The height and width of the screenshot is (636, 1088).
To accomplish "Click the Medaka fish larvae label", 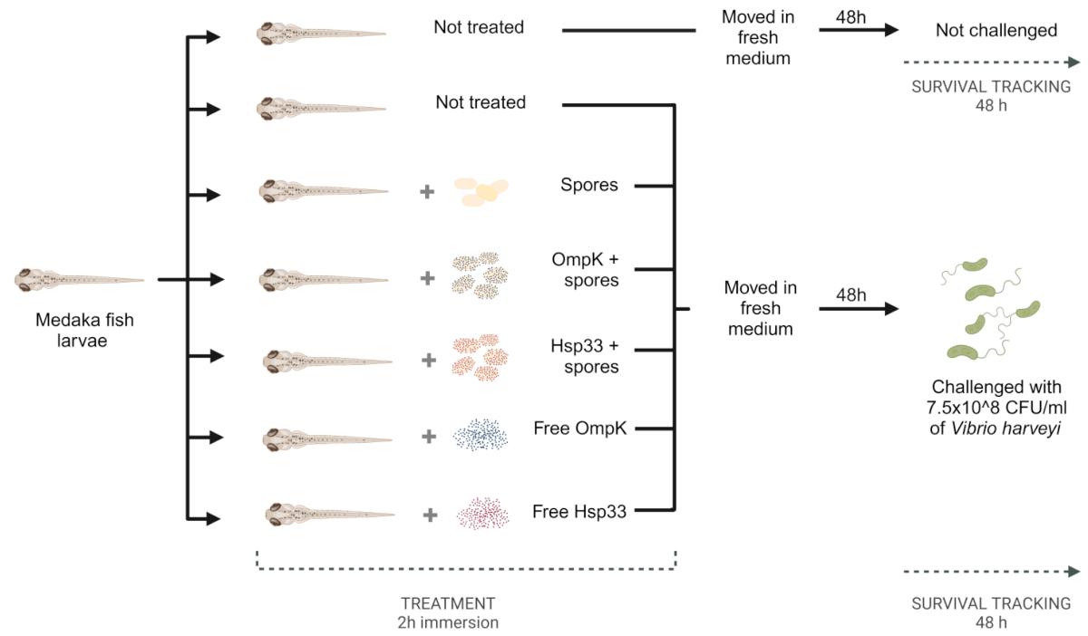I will pyautogui.click(x=78, y=331).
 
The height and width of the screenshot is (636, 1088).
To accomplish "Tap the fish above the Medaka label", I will pyautogui.click(x=79, y=280).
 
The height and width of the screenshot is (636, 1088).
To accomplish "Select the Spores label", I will pyautogui.click(x=588, y=185).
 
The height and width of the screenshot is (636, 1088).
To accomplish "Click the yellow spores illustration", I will pyautogui.click(x=481, y=188).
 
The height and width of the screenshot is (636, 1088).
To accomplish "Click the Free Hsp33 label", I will pyautogui.click(x=579, y=512).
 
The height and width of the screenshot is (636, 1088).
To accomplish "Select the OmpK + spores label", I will pyautogui.click(x=584, y=269).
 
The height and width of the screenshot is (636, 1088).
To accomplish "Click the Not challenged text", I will pyautogui.click(x=996, y=30).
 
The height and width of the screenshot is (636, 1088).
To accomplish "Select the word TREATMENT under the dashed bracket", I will pyautogui.click(x=449, y=603).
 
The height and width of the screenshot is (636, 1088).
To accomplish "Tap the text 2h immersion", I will pyautogui.click(x=450, y=622).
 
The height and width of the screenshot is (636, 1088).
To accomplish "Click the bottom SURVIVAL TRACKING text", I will pyautogui.click(x=991, y=603).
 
